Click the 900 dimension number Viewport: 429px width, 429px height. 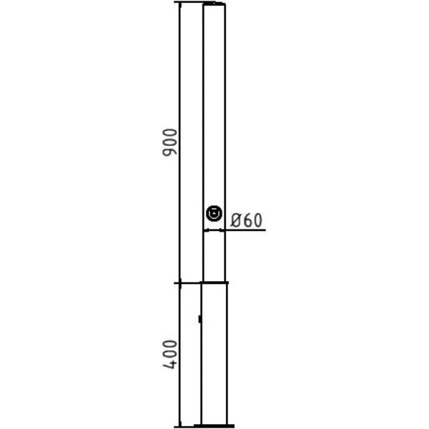(170, 142)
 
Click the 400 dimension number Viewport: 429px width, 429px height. (170, 355)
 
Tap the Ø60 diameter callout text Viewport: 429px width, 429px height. (246, 220)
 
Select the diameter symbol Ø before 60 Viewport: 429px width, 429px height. (235, 220)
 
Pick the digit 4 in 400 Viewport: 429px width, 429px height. (170, 364)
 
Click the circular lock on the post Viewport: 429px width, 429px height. (214, 213)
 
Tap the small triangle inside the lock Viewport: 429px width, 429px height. (214, 213)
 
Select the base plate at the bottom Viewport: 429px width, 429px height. (214, 425)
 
